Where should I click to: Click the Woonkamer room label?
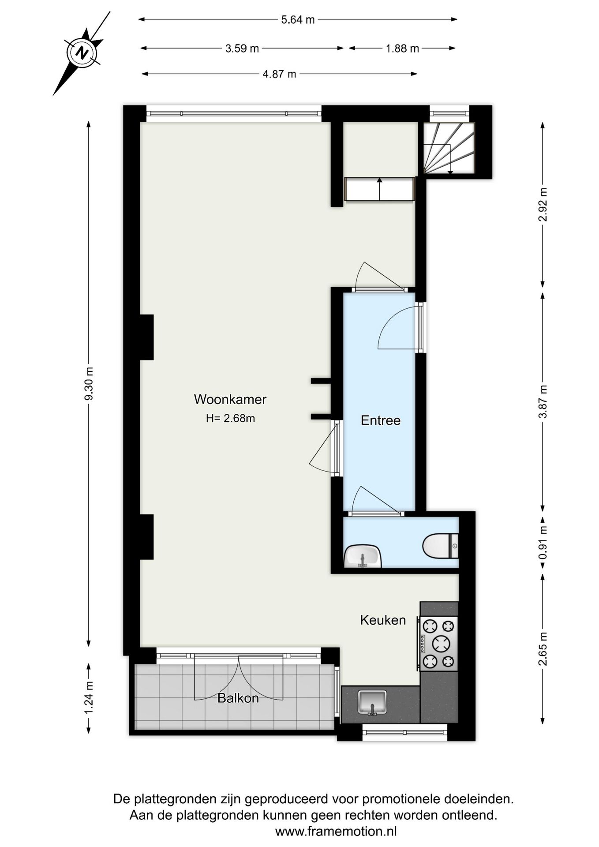230,399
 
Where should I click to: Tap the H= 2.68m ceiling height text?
230,418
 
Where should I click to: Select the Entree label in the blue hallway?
380,420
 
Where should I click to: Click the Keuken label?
382,620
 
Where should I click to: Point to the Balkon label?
238,698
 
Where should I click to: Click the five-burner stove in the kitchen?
438,644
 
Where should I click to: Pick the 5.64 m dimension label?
298,19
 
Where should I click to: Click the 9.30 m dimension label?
89,384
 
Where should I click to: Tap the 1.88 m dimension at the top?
402,49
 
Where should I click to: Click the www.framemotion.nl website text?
336,832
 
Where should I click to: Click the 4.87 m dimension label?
279,74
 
